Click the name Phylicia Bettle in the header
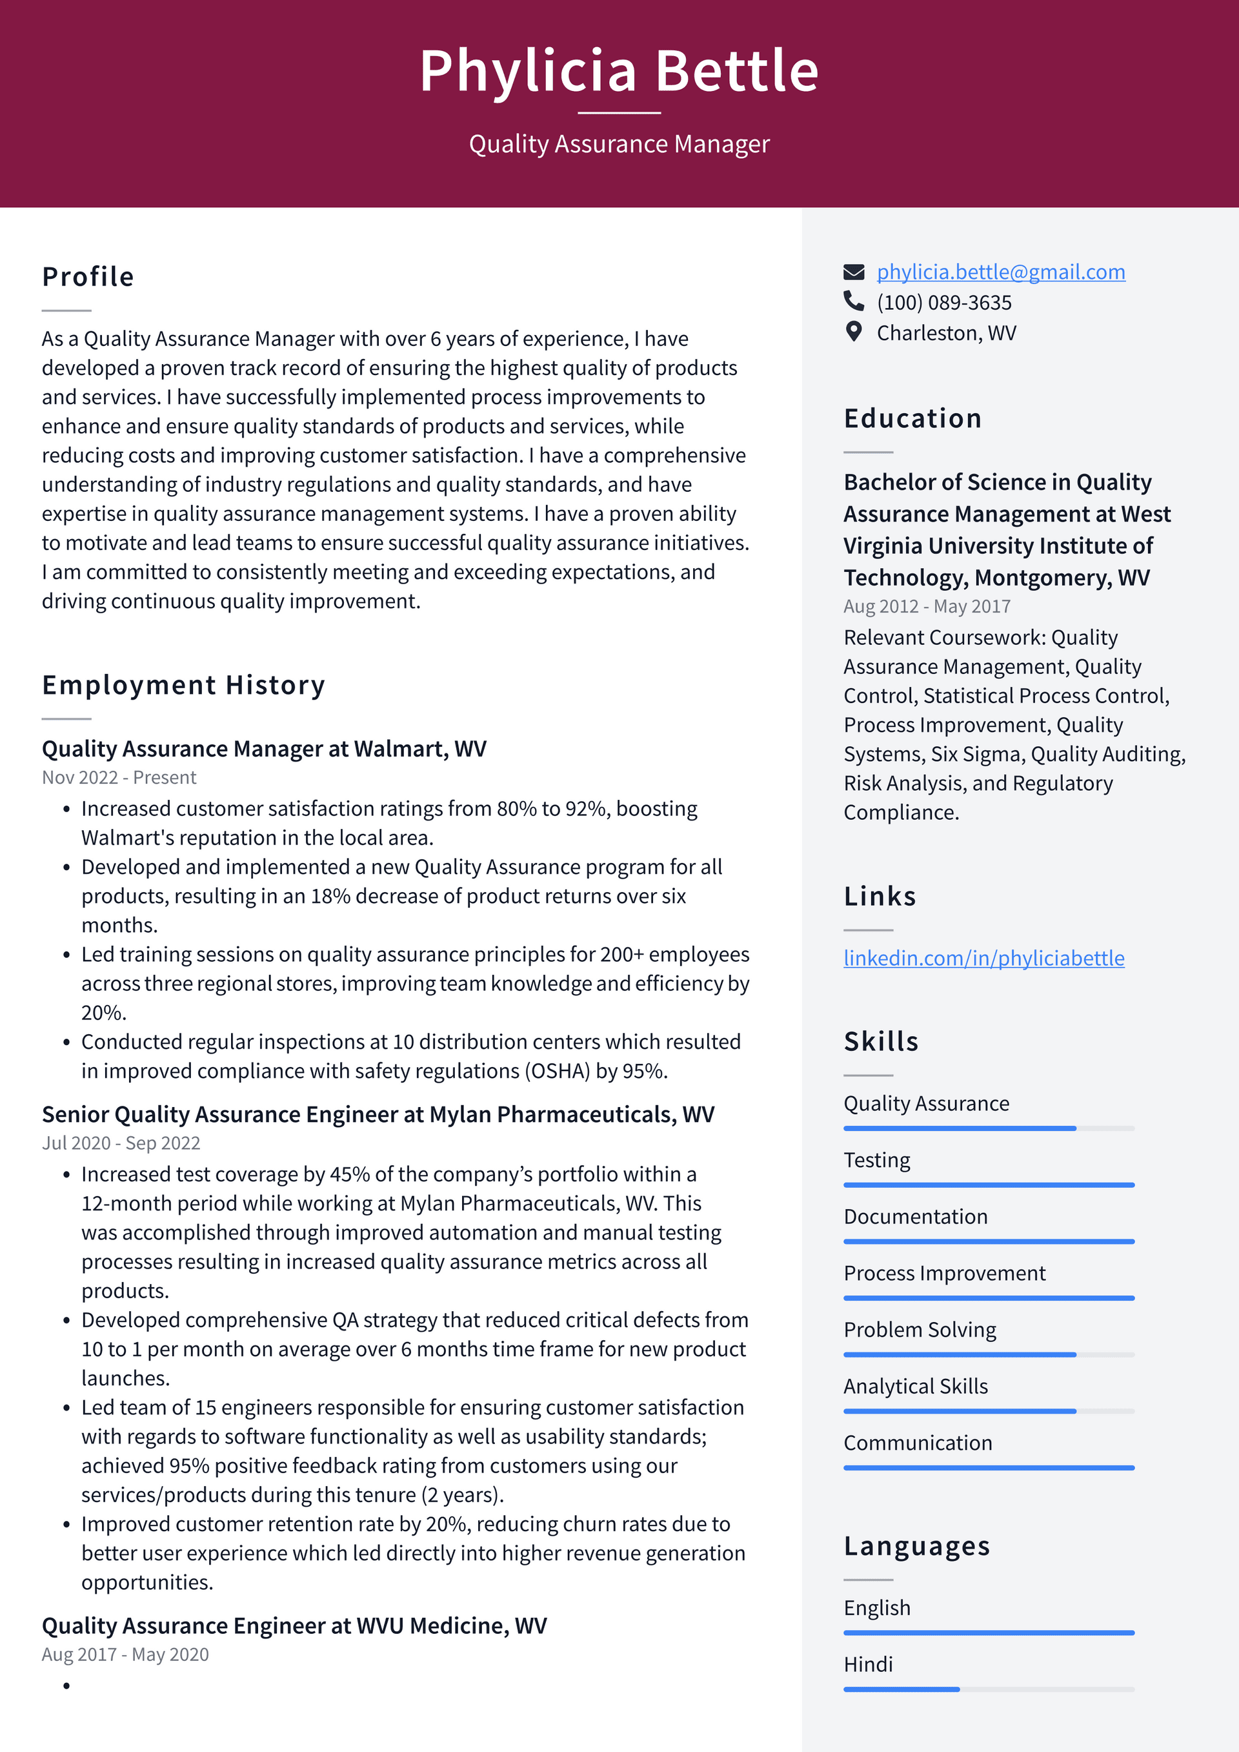[619, 71]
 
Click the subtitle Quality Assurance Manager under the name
[619, 143]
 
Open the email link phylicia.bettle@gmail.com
[1000, 272]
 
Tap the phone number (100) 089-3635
[943, 302]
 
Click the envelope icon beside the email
[854, 272]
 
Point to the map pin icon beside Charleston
[854, 332]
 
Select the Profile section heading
[88, 276]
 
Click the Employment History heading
[183, 684]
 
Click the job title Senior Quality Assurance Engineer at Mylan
[378, 1114]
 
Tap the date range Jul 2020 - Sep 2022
[121, 1143]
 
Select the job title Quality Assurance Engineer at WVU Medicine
[294, 1625]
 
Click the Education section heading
[912, 418]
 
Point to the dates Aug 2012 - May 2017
[926, 606]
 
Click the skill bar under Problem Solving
[988, 1354]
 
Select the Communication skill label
[917, 1442]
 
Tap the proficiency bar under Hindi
[988, 1689]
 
